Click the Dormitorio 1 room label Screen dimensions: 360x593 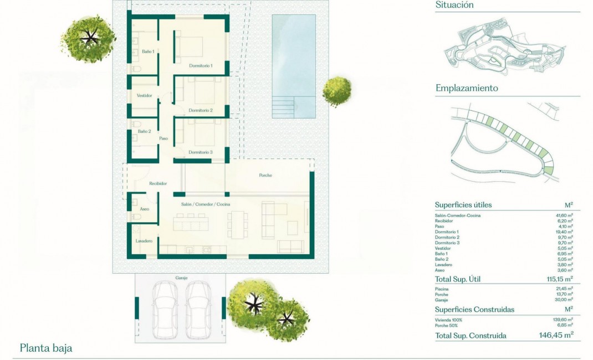coord(201,65)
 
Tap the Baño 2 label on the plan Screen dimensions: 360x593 coord(144,131)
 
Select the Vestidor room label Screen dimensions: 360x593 coord(144,95)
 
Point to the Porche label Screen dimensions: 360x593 coord(265,176)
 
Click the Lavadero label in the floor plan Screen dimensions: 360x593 coord(144,241)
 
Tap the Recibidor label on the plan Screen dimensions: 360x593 coord(158,183)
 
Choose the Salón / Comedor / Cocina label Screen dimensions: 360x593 coord(206,204)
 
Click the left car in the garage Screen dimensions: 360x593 coord(165,311)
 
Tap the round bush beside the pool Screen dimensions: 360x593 coord(337,90)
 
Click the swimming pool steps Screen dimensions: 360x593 coord(284,106)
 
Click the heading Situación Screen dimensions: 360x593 coord(454,5)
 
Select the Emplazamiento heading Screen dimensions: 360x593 coord(467,88)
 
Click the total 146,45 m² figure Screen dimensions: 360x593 coord(556,335)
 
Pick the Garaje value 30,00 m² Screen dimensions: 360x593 coord(563,300)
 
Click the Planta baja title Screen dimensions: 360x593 coord(46,348)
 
